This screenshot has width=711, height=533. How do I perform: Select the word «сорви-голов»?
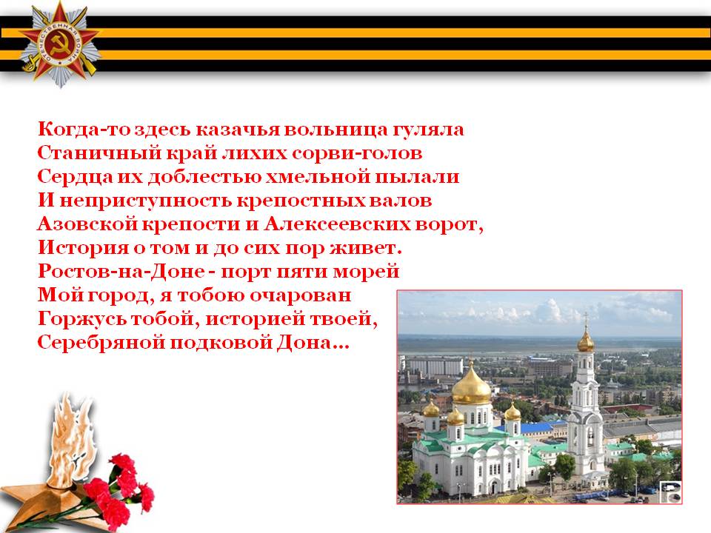point(357,153)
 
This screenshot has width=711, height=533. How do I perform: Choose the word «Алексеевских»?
point(337,224)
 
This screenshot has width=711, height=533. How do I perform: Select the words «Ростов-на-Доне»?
point(121,271)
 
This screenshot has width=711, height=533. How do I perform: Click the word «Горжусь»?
point(81,319)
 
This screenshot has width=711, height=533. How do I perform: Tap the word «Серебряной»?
point(101,342)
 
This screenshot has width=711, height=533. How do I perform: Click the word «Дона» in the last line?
point(304,342)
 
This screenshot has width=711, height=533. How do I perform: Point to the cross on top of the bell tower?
point(585,320)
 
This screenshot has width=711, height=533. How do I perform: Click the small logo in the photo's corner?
point(670,492)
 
